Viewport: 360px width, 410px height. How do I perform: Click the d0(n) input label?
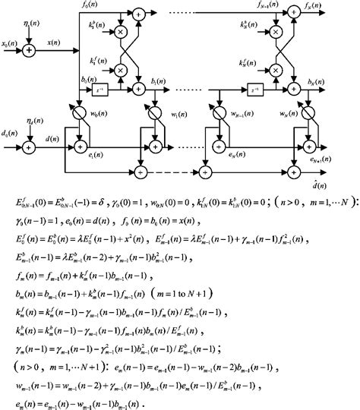pos(11,134)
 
